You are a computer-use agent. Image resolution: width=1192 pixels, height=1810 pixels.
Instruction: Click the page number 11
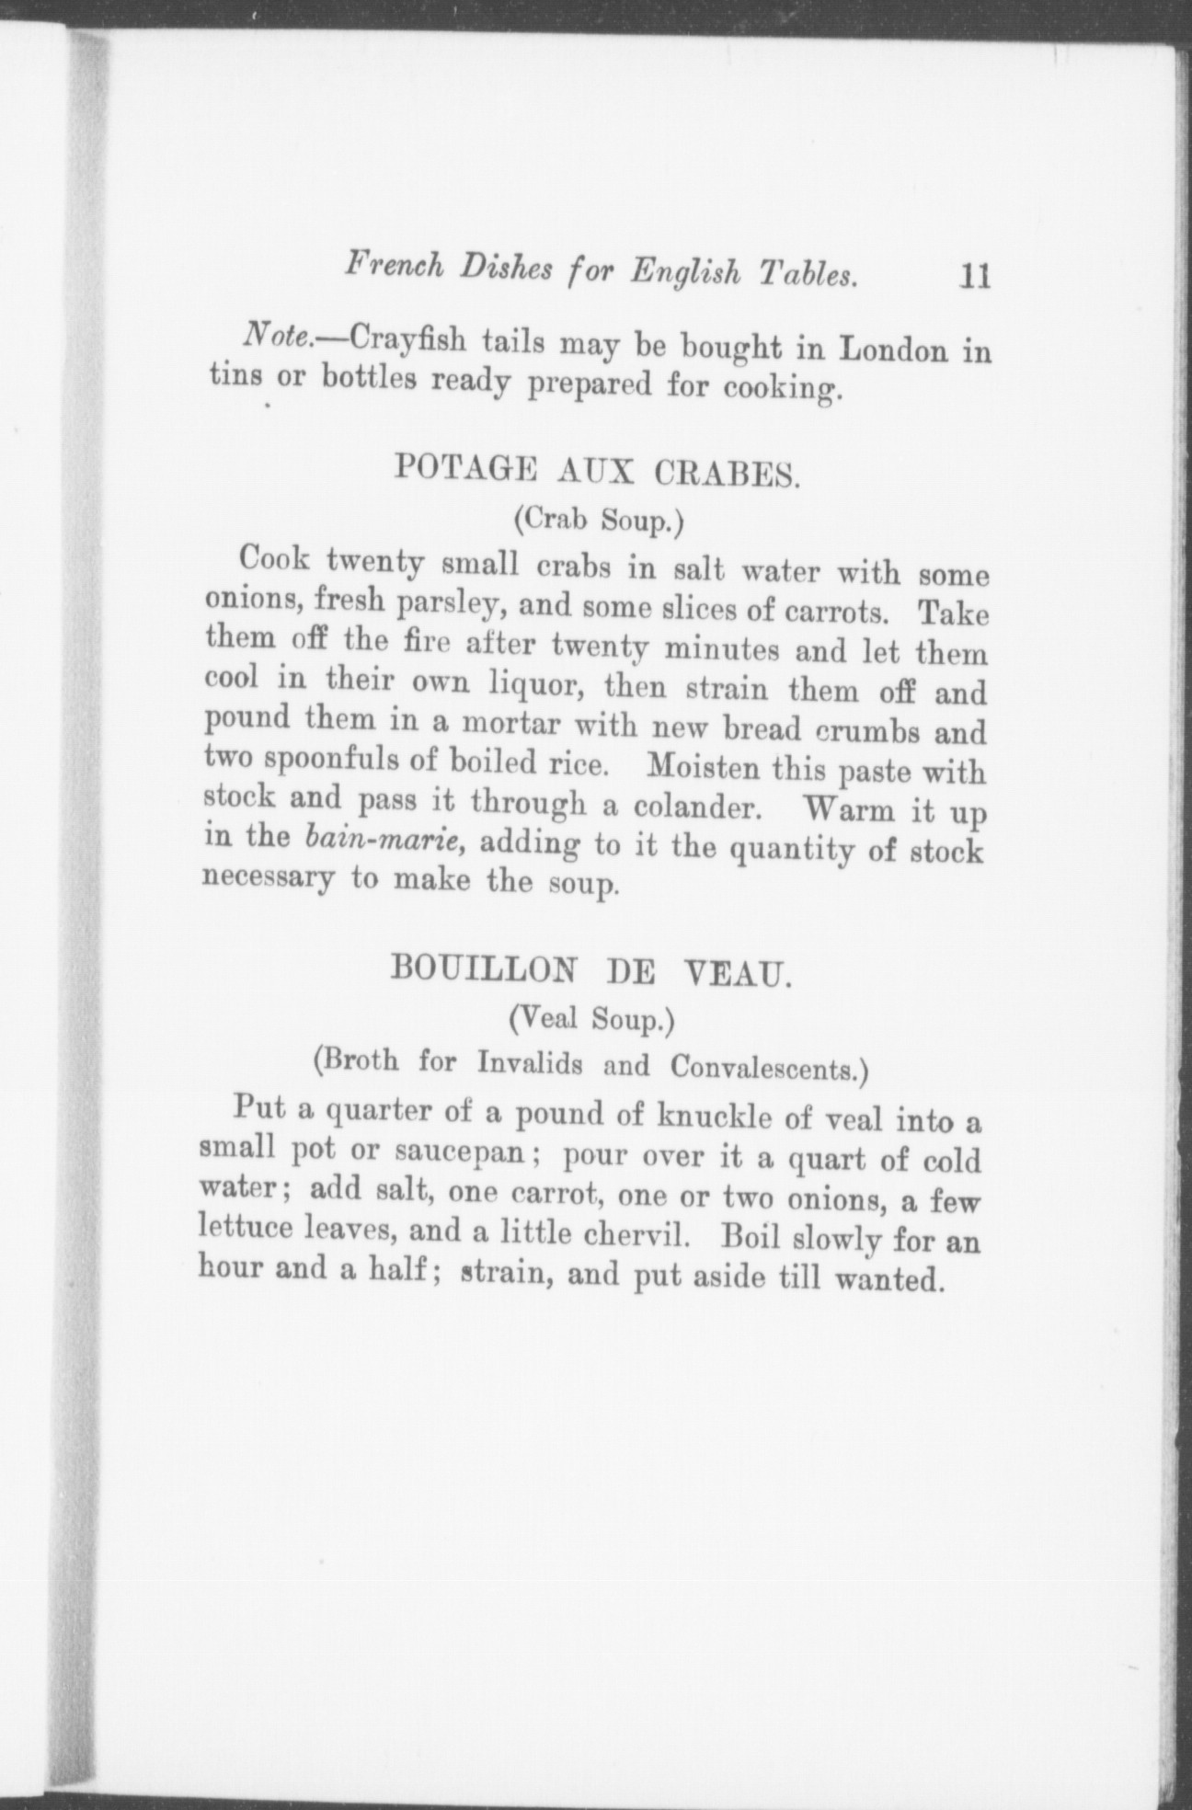click(972, 276)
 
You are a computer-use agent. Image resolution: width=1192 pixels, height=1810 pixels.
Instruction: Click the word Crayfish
click(395, 341)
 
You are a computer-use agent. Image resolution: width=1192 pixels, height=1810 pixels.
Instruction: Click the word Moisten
click(705, 766)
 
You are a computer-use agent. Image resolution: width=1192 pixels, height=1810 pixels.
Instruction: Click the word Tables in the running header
click(807, 274)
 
